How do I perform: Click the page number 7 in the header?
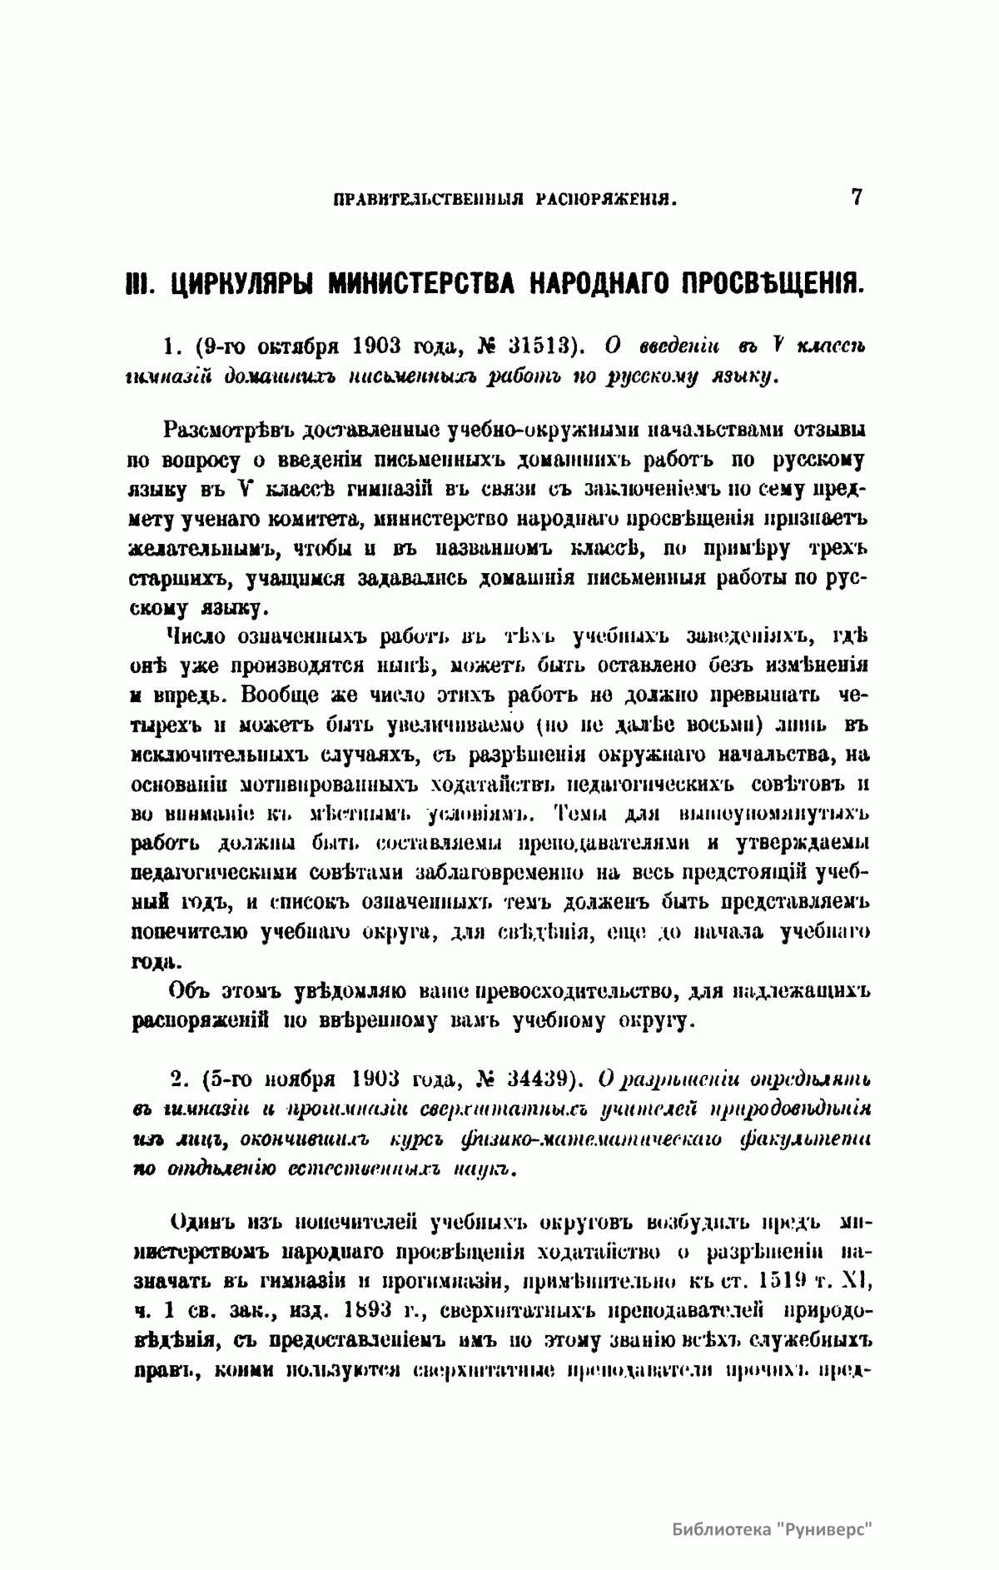(x=857, y=197)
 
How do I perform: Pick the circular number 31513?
(x=532, y=345)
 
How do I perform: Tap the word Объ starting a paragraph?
(x=189, y=991)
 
